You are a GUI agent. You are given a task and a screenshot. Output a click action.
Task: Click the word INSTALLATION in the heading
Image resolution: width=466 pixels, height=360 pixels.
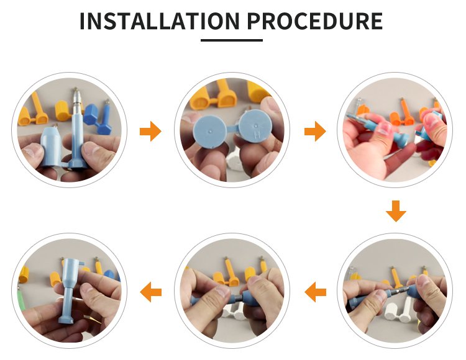[160, 21]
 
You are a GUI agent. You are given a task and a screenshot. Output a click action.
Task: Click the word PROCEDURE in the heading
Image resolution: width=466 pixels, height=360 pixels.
[315, 21]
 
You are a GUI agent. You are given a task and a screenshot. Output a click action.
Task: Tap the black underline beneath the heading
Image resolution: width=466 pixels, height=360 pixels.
[232, 40]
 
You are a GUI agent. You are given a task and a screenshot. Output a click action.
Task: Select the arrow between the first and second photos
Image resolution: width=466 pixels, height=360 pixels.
[150, 131]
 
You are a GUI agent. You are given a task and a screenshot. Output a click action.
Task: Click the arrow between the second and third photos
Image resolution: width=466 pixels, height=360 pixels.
[315, 131]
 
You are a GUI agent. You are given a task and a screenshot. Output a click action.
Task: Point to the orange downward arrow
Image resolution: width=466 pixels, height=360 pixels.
[396, 211]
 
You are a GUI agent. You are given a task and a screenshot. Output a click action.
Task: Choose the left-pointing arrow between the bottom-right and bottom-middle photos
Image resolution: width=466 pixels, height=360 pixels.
[315, 292]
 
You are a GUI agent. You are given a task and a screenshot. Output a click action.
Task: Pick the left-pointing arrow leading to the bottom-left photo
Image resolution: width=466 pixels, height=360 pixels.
[151, 292]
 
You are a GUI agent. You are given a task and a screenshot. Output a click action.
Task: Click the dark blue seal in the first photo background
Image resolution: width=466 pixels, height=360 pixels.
[99, 117]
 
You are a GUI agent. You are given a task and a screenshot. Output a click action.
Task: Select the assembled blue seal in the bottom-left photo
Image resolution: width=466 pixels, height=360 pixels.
[71, 290]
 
